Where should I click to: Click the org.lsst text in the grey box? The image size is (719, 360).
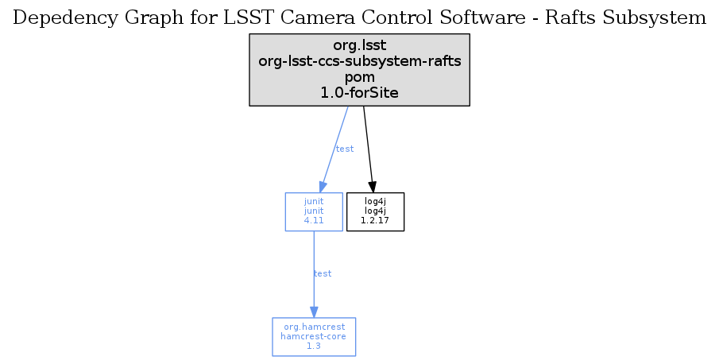359,45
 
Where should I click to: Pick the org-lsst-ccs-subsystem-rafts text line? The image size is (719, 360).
359,61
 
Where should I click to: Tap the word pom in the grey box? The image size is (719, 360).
359,77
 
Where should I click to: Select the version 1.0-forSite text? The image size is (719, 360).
359,93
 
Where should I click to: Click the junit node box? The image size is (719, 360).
314,211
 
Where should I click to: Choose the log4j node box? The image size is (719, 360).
375,211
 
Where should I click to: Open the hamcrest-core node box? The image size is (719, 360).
314,337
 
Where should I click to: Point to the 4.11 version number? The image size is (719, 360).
314,220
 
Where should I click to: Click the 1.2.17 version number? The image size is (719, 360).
375,220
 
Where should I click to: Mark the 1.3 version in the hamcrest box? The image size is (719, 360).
314,346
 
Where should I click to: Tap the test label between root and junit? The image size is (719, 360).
345,149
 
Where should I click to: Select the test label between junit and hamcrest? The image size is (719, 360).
323,273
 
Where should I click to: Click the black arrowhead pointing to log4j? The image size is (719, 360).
373,187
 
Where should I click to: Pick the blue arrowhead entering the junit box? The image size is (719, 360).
323,187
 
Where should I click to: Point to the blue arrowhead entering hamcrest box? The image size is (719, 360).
314,312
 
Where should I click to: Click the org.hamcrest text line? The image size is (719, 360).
314,327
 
